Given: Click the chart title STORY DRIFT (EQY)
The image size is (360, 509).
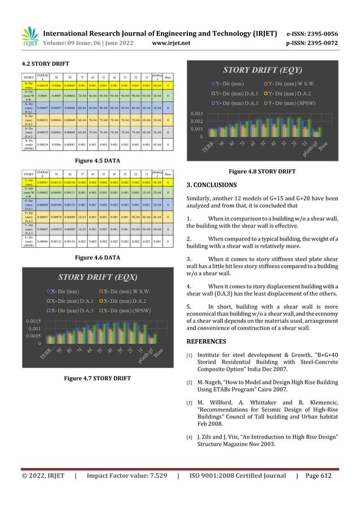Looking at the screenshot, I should pos(270,70).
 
